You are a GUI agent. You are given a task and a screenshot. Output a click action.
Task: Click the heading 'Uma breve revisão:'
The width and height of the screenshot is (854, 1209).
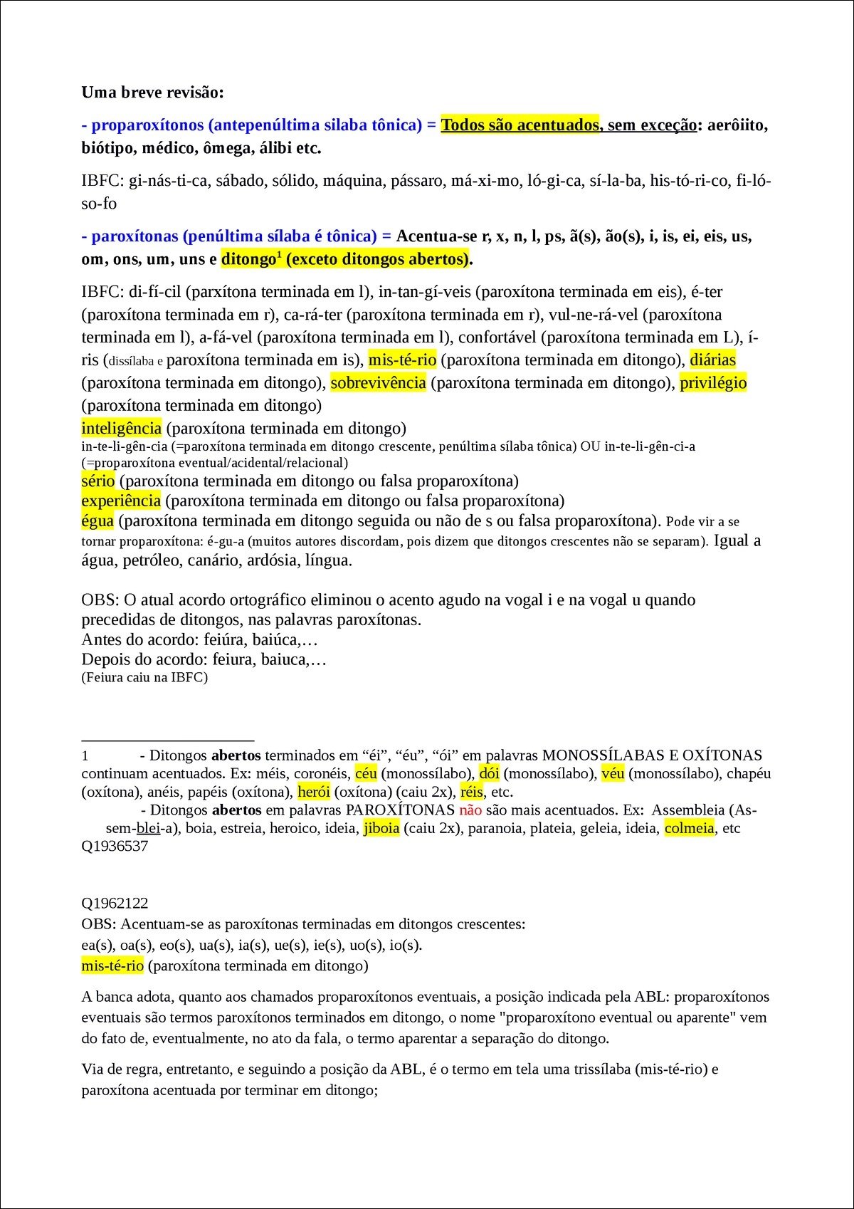152,93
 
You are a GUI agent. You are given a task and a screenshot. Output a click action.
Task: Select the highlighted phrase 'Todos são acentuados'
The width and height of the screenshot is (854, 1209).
520,125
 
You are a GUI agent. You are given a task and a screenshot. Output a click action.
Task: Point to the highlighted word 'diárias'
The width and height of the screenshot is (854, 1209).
712,360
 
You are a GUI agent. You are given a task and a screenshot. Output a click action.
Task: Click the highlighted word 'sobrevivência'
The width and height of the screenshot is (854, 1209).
378,383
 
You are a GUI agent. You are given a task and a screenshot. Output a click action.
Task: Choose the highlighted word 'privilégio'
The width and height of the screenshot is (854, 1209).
713,383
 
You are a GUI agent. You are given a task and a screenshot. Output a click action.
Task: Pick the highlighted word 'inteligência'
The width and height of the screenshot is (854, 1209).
122,428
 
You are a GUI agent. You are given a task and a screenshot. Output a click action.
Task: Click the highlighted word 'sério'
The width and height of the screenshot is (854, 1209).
98,481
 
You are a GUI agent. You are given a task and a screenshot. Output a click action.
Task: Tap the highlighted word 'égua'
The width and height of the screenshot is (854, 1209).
97,520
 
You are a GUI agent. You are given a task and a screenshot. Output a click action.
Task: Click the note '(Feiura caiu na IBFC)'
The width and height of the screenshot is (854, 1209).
144,677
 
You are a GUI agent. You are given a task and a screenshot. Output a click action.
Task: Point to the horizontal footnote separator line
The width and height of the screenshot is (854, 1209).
168,741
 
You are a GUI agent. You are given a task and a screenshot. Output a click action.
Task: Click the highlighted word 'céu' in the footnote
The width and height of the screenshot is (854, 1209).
366,773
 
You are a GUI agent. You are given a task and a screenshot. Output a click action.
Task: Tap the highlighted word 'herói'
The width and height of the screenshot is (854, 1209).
313,792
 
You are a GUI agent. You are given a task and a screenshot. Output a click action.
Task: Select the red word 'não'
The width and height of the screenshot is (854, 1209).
470,810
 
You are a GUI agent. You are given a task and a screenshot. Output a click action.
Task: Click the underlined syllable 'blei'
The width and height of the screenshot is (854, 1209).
148,828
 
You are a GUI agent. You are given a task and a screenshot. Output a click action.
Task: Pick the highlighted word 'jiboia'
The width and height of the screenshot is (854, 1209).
381,828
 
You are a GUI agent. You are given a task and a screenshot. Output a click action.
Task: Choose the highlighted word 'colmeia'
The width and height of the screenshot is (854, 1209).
689,828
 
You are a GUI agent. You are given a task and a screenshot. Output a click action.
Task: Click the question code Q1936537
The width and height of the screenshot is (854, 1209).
115,847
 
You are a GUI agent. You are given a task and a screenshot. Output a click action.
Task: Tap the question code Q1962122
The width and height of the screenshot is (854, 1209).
115,904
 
